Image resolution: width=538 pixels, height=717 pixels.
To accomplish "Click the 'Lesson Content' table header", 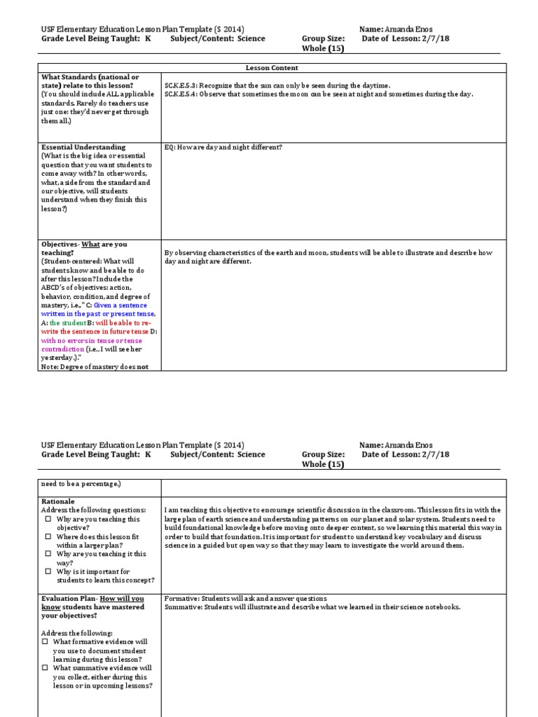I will (271, 68).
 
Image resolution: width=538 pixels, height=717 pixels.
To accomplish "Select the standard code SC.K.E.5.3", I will (180, 85).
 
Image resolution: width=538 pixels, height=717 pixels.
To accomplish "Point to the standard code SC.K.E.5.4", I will (180, 94).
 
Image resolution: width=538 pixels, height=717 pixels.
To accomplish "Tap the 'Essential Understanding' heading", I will (83, 147).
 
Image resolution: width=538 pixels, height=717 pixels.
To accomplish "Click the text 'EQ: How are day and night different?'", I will (223, 147).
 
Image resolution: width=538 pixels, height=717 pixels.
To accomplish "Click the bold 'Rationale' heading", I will (58, 502).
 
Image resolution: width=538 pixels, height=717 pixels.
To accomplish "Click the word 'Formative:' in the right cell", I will (181, 599).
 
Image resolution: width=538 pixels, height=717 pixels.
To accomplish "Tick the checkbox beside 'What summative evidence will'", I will (45, 668).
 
